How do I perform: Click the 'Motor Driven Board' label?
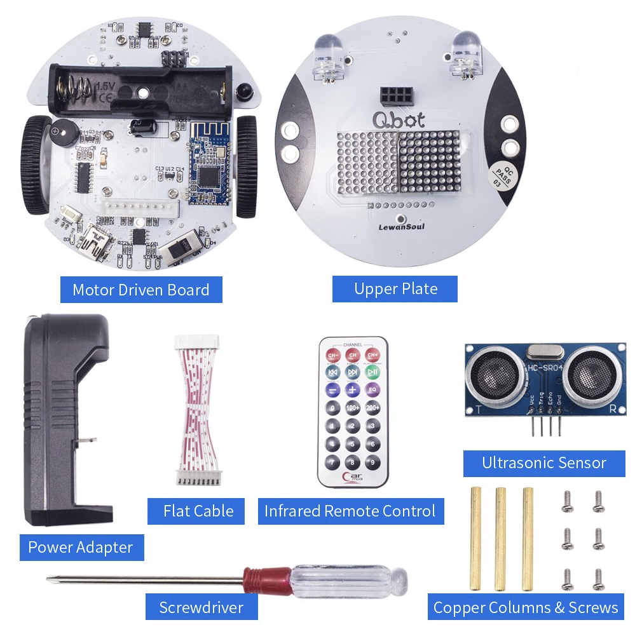coord(140,290)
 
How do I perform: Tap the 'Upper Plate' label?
coord(395,289)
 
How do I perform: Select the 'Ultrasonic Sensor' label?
coord(543,463)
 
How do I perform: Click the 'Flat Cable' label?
coord(198,511)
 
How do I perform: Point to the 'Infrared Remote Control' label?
coord(350,511)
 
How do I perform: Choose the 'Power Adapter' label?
coord(81,547)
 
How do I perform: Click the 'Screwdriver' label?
coord(201,607)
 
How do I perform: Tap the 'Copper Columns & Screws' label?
coord(525,607)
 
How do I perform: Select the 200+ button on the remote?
coord(372,408)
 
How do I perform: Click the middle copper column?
coord(500,539)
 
